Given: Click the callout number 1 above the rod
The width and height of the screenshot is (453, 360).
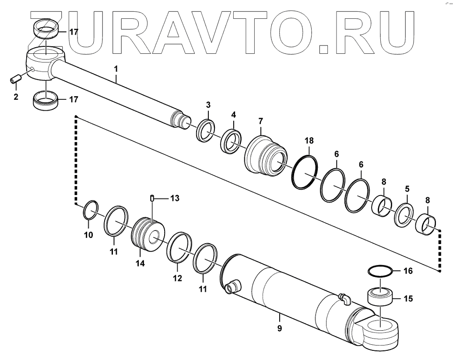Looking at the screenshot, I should point(116,69).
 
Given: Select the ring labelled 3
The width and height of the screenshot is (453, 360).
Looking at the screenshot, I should point(205,130).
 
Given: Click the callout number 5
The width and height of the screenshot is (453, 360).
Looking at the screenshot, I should point(407,189).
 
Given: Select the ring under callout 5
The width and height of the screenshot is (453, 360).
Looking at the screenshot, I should point(405,214).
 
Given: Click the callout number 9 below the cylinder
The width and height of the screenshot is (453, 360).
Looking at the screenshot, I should point(279,328).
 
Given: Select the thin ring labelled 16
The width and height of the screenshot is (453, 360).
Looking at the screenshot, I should point(379,271).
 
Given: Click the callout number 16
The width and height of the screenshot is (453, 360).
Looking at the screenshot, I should point(407,271).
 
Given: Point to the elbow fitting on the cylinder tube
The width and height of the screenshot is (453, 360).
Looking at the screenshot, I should point(344,299).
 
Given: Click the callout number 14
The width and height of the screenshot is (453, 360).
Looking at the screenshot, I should point(140,263).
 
